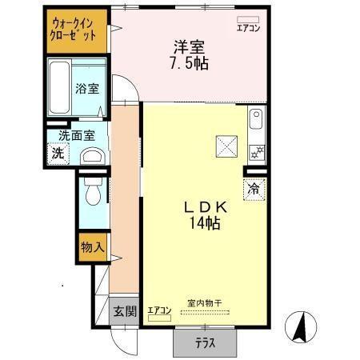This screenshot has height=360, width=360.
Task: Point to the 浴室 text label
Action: (x=88, y=89)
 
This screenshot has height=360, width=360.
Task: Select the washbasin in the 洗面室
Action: (x=92, y=155)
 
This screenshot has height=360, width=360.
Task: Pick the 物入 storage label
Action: (x=92, y=247)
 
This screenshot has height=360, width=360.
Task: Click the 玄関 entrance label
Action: (x=123, y=311)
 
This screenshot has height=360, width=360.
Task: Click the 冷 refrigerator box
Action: (x=254, y=190)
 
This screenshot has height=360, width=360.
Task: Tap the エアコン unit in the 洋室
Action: (x=249, y=18)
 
